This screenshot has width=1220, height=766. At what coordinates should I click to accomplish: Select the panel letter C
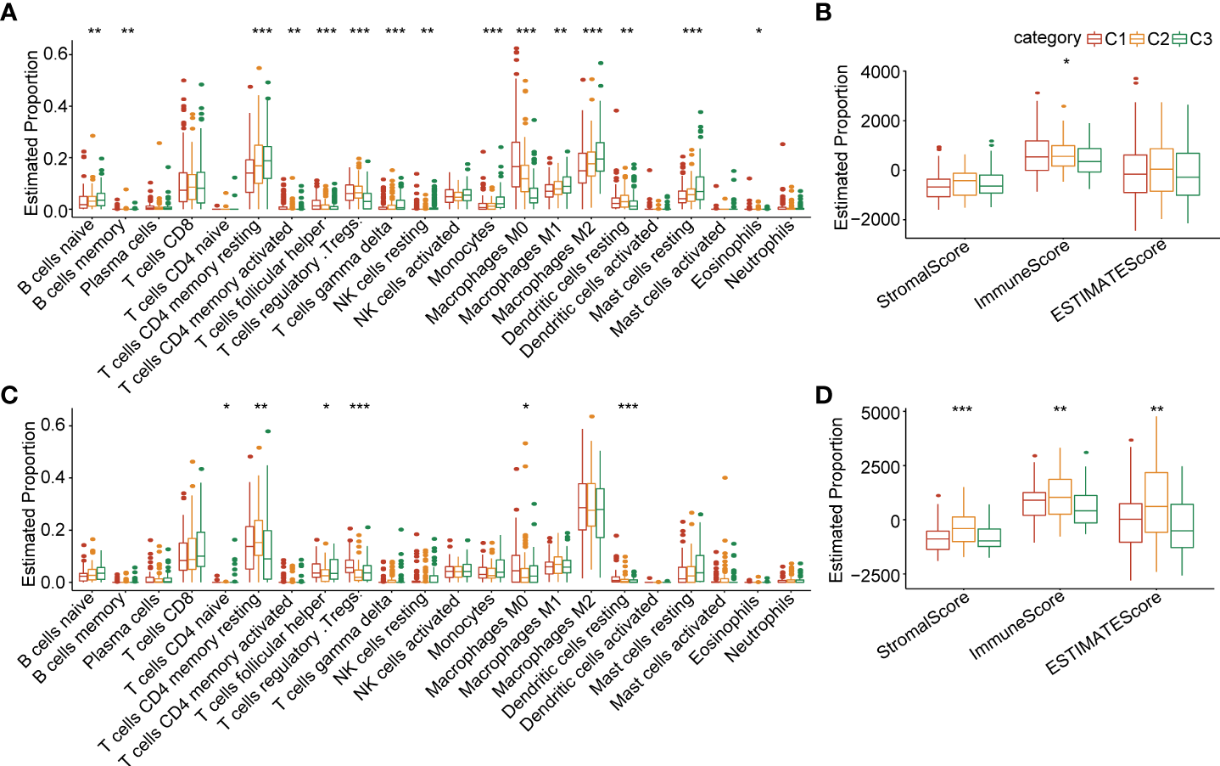9,396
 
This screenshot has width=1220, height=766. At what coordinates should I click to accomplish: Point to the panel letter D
823,396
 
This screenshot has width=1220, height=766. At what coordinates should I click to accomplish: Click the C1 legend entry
1107,39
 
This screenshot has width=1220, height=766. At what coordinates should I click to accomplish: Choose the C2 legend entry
1150,39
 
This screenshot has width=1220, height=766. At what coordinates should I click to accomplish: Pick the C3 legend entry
1192,39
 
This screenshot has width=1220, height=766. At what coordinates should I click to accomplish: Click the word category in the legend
1047,38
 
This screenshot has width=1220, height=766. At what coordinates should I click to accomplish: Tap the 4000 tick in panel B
880,72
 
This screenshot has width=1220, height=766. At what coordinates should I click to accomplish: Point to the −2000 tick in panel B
876,220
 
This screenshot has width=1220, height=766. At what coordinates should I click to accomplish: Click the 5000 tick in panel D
880,414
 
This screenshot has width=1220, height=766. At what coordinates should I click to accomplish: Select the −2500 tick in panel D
876,575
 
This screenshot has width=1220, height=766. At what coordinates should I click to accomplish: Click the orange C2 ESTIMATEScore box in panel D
1156,502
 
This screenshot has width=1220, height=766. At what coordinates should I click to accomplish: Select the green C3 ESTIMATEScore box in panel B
1188,174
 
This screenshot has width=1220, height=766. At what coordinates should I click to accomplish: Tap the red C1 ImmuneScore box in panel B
1037,155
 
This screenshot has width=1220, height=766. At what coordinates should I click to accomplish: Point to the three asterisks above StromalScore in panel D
962,410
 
